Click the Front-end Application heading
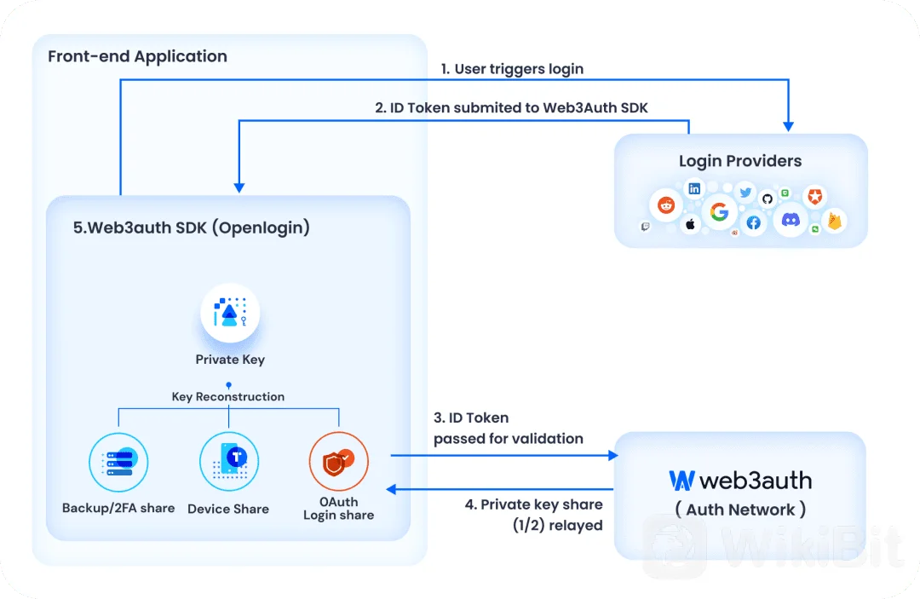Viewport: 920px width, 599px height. tap(137, 56)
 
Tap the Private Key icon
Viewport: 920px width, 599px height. tap(230, 312)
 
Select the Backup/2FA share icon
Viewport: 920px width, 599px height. tap(118, 463)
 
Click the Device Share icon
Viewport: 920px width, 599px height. tap(229, 463)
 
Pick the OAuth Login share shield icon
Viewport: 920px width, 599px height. tap(338, 462)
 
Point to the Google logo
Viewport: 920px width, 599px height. tap(719, 211)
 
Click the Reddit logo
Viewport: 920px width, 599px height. tap(666, 205)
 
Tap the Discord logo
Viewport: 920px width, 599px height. tap(791, 220)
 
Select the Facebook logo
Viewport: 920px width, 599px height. tap(754, 223)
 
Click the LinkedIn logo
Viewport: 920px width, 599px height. tap(695, 189)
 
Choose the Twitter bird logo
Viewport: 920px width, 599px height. tap(745, 193)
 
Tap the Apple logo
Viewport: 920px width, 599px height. tap(691, 224)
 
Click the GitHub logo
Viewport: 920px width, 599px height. tap(768, 199)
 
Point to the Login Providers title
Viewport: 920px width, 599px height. tap(740, 161)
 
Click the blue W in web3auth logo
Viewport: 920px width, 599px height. tap(681, 481)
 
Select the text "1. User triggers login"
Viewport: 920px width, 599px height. tap(512, 69)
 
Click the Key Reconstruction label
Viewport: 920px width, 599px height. tap(228, 396)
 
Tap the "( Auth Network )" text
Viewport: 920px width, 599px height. tap(740, 510)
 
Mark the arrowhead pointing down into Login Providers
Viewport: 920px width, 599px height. tap(789, 126)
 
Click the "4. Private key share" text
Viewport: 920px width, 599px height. tap(533, 504)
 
